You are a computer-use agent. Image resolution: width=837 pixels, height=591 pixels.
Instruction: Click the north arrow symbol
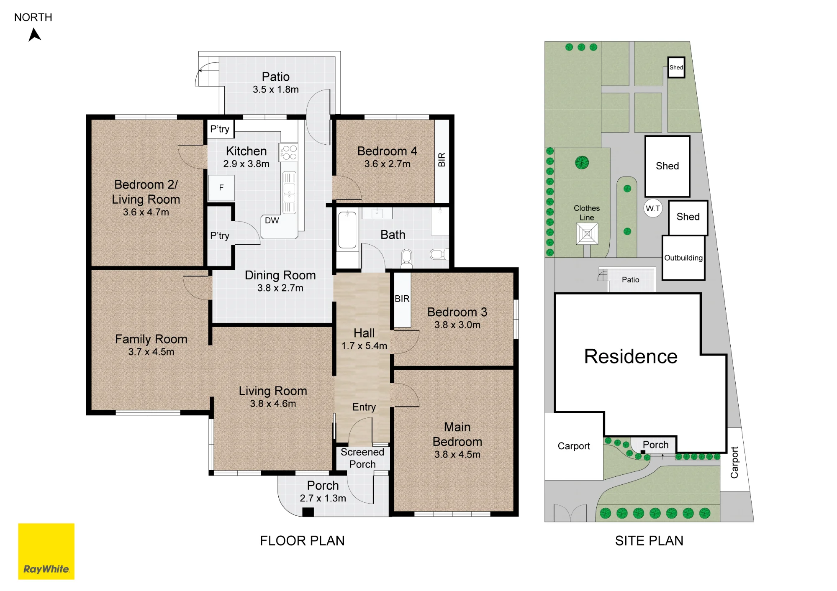[35, 35]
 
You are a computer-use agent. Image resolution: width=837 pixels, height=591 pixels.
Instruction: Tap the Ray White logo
[46, 551]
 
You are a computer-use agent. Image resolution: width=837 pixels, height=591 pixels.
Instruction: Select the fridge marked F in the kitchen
[221, 188]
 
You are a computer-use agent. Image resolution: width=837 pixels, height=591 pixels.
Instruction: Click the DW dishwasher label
[272, 220]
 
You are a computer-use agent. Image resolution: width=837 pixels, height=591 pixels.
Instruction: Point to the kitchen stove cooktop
[289, 152]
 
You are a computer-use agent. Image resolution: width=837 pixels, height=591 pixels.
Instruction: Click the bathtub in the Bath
[347, 230]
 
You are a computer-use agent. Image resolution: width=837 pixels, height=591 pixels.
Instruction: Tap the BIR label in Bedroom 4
[442, 160]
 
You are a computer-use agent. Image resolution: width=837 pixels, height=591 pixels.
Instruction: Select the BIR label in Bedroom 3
[402, 299]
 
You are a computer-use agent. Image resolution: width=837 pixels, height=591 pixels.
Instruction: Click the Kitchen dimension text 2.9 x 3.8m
[246, 164]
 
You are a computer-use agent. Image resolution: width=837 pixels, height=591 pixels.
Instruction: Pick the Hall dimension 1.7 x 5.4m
[364, 346]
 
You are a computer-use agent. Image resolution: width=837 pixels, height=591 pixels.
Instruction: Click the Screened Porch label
[362, 458]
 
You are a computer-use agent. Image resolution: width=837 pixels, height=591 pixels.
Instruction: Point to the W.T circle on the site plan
[653, 208]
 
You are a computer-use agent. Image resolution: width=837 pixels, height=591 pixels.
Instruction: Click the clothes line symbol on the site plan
[587, 233]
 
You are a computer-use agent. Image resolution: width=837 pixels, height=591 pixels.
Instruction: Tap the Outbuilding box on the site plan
[683, 258]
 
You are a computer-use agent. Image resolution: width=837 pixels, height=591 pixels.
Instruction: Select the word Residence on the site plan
[631, 356]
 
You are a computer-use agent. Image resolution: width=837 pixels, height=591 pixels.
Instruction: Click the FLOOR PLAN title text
[302, 541]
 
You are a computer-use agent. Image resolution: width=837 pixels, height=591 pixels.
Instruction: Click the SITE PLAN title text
[649, 541]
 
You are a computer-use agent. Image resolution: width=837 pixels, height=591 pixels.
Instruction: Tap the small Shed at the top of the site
[676, 67]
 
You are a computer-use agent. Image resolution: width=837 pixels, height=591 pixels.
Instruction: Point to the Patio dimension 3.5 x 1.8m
[276, 90]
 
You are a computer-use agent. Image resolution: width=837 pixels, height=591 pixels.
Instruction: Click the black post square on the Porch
[308, 512]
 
